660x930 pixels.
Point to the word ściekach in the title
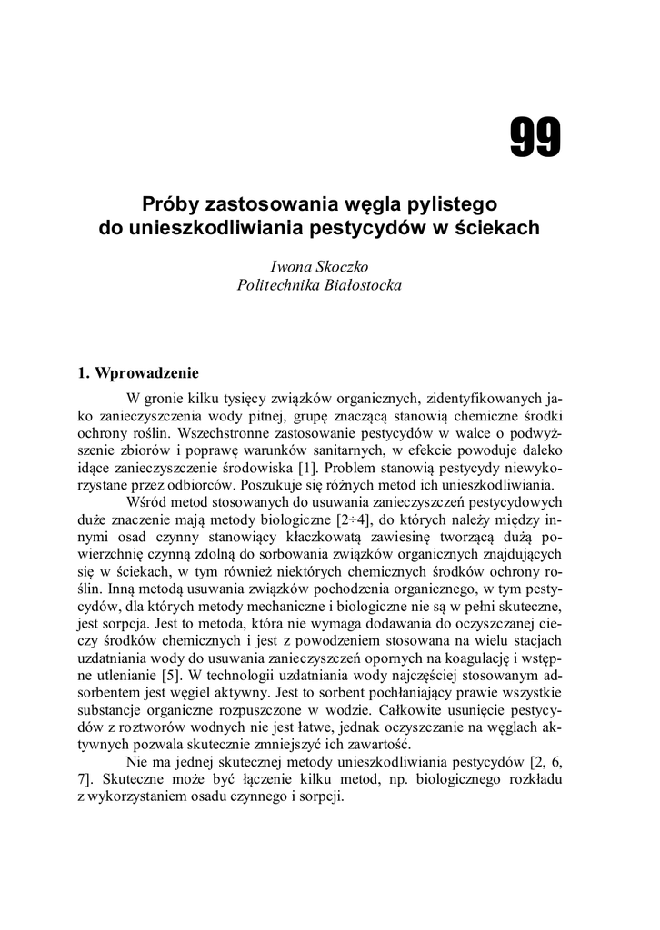(x=495, y=227)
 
